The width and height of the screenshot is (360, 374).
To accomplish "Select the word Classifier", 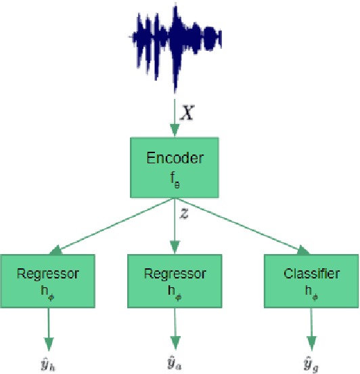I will pyautogui.click(x=311, y=274).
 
